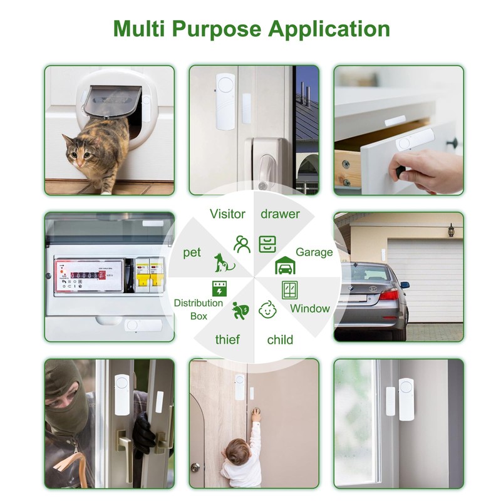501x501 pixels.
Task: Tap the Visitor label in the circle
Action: coord(227,214)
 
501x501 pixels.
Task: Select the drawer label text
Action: coord(280,214)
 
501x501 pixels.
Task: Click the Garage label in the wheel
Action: coord(314,252)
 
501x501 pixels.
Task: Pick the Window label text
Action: coord(309,308)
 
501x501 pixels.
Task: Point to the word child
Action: coord(280,340)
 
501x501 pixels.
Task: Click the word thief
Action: coord(227,340)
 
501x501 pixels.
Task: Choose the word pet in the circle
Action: coord(192,252)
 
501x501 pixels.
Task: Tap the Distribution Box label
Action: coord(199,309)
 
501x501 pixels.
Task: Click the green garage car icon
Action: coord(286,266)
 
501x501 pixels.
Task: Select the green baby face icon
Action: coord(268,309)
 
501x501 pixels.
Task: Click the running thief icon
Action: coord(239,309)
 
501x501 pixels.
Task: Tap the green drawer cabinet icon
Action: coord(268,244)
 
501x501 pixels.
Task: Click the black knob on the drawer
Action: coord(452,143)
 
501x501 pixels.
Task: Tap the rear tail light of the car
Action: coord(389,294)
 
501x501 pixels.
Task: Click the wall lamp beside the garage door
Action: coord(450,230)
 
